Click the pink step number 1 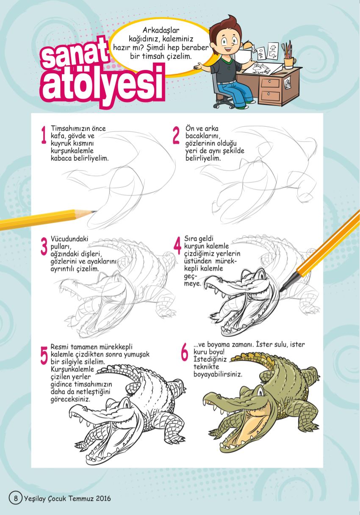[44, 135]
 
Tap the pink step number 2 [176, 135]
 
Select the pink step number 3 [44, 246]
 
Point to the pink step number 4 [177, 245]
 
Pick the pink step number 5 [44, 355]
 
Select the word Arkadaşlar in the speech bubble [161, 30]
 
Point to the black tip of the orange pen [282, 290]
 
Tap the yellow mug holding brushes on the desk [289, 63]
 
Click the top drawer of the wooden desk [270, 82]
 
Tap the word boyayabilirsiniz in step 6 [218, 374]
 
